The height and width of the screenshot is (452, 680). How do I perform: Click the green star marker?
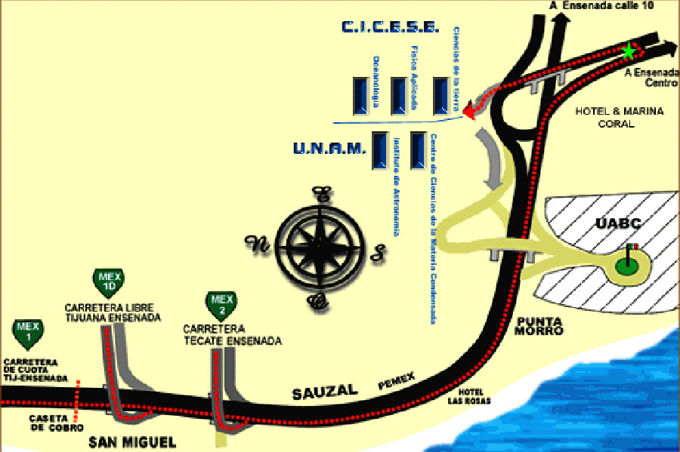629,51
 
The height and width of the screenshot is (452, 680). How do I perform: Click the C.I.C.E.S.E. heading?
389,28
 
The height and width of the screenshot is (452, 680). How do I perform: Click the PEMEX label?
397,385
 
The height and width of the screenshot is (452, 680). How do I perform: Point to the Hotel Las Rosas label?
474,396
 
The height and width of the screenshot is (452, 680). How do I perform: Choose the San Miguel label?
131,441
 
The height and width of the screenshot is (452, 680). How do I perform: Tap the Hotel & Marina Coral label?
620,118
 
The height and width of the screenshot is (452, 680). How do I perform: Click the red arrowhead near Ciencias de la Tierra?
470,112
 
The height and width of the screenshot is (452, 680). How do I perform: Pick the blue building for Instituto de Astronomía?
378,151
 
